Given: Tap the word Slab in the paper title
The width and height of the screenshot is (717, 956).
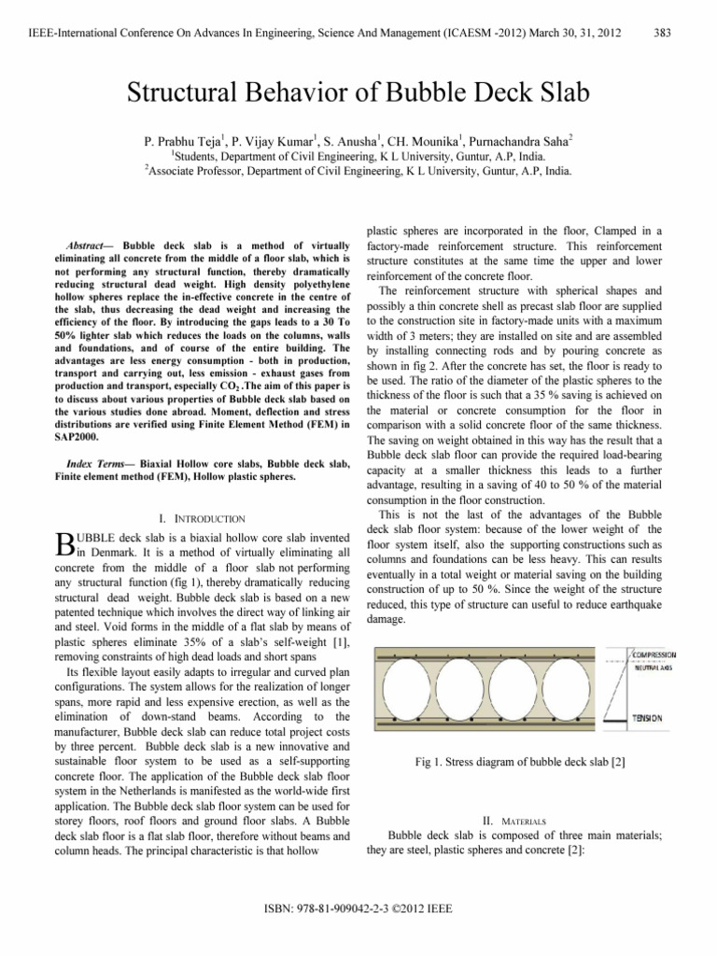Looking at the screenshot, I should click(x=561, y=93).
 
